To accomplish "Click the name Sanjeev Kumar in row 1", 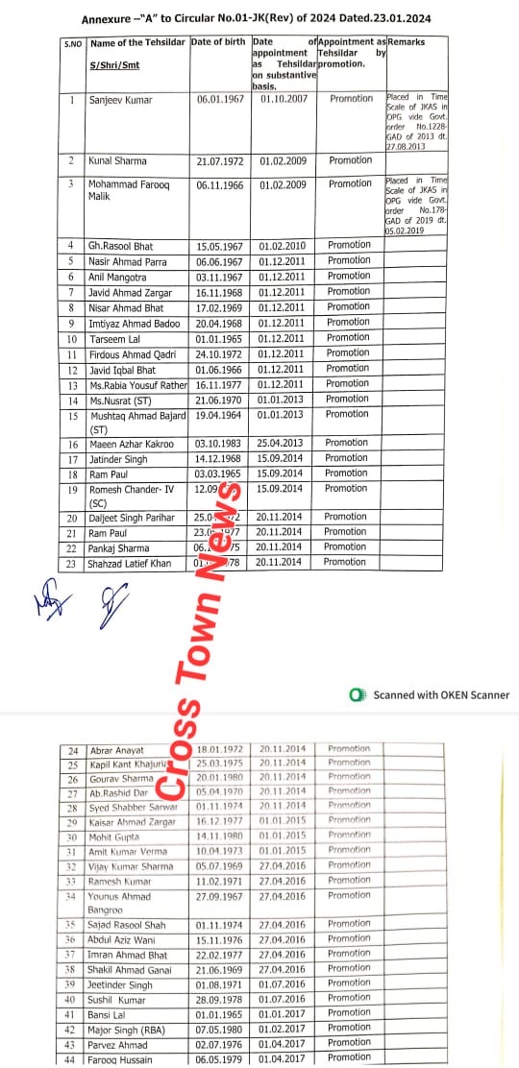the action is point(119,99).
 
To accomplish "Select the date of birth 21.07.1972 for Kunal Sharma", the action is point(221,161).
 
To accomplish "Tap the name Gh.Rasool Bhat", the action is point(122,246).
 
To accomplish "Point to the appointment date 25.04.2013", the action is point(282,443).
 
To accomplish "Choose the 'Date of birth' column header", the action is point(219,42).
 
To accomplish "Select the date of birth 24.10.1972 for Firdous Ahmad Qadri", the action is point(221,352).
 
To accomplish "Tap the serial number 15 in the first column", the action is point(72,414).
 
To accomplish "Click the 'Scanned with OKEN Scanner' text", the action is point(441,694).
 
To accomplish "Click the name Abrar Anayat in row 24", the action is point(116,750).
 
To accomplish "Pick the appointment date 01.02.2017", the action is point(282,1029).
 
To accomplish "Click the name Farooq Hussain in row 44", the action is point(123,1058).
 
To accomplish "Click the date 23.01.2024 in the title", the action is point(391,17).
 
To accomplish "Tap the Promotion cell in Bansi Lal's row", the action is point(348,1013).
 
